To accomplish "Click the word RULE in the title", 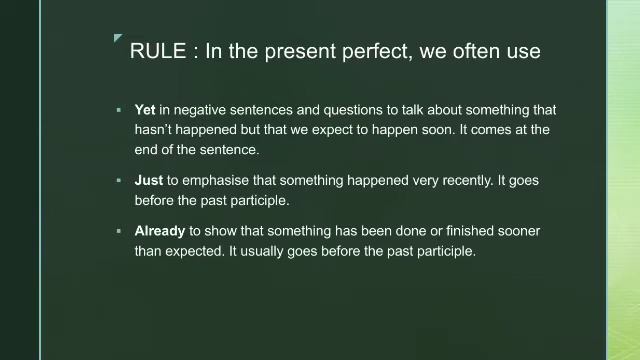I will [156, 52].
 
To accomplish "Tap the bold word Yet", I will [145, 110].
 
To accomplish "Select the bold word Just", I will [148, 181].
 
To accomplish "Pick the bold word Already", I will [160, 231].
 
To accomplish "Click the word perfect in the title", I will [369, 52].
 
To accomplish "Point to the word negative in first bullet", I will [203, 110].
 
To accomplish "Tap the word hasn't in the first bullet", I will [156, 130].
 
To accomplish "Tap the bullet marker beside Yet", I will [118, 110].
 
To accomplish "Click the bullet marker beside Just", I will [118, 181].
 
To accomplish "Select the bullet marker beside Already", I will [118, 231].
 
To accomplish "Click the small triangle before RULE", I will [118, 39].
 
